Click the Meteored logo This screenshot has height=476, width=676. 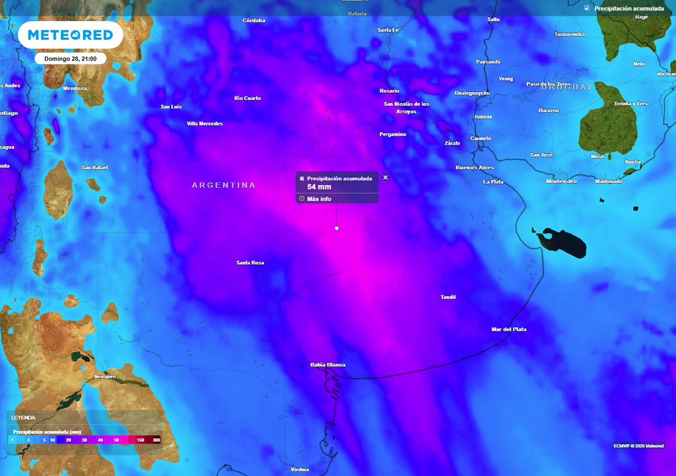coord(70,35)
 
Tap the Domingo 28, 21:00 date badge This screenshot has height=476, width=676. coord(70,59)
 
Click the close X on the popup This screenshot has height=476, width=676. coord(386,177)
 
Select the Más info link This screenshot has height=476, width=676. coord(319,198)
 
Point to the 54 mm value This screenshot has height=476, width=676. coord(319,187)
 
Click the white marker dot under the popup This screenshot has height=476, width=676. coord(337,228)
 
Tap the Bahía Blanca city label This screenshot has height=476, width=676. coord(327,365)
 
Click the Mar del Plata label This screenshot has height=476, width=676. coord(509,329)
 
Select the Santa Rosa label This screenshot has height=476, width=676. coord(250,263)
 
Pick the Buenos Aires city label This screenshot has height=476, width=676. coord(475,168)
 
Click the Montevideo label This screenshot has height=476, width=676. coord(561,181)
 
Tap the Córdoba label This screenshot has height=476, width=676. coord(254,20)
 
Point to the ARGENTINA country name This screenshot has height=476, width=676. coord(224,185)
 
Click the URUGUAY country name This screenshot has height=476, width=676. coord(567,87)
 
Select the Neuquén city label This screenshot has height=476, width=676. coord(106,377)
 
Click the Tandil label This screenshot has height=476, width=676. coord(448,297)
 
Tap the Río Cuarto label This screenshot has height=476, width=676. coord(248,99)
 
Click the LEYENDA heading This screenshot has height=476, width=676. coord(23,418)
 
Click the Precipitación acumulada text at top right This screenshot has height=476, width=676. coord(629,9)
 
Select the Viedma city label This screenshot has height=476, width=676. coord(300,470)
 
